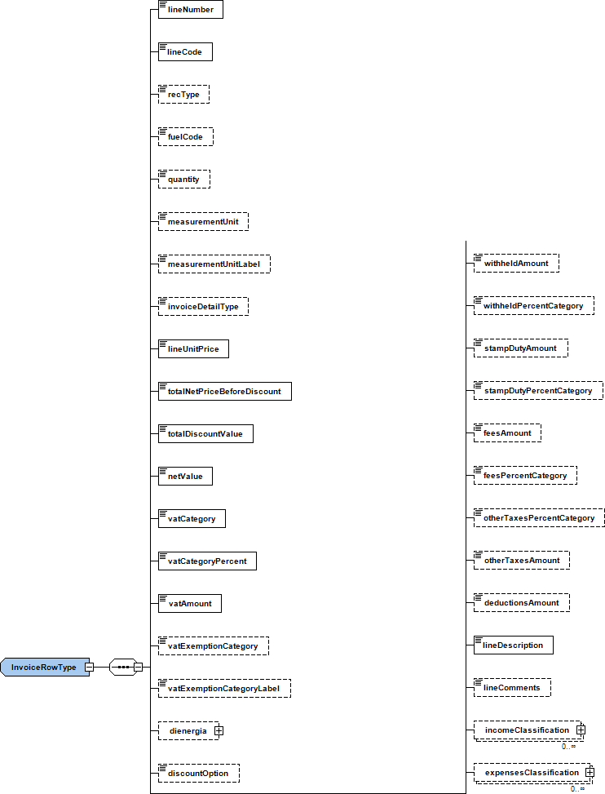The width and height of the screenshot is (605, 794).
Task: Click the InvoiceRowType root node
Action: [44, 667]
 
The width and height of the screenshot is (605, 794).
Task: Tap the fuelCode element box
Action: [185, 137]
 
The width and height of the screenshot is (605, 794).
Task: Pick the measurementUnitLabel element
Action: [214, 264]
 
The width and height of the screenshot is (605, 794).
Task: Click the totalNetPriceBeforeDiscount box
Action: [224, 392]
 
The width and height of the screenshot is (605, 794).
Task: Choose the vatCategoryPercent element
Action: [207, 561]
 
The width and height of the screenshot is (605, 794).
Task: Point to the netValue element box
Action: [185, 477]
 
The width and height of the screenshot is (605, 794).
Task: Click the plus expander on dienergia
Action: [219, 731]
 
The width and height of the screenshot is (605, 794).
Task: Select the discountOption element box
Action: [198, 773]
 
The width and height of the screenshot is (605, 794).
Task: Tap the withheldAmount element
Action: [516, 264]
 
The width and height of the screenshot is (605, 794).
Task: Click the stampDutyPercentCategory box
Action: [537, 391]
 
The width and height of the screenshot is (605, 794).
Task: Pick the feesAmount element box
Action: [507, 433]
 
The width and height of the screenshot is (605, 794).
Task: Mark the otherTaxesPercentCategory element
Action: [538, 518]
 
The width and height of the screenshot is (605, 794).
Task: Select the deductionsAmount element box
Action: [521, 603]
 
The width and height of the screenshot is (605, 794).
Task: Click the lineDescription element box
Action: [513, 645]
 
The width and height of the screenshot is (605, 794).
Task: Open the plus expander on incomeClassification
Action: [581, 730]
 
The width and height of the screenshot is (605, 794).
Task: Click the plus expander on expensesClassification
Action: [590, 772]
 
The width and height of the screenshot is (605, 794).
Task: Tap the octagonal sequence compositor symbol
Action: [123, 667]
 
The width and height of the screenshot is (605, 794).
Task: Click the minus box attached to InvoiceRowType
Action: [90, 667]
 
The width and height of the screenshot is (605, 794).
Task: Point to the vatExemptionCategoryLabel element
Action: [223, 689]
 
